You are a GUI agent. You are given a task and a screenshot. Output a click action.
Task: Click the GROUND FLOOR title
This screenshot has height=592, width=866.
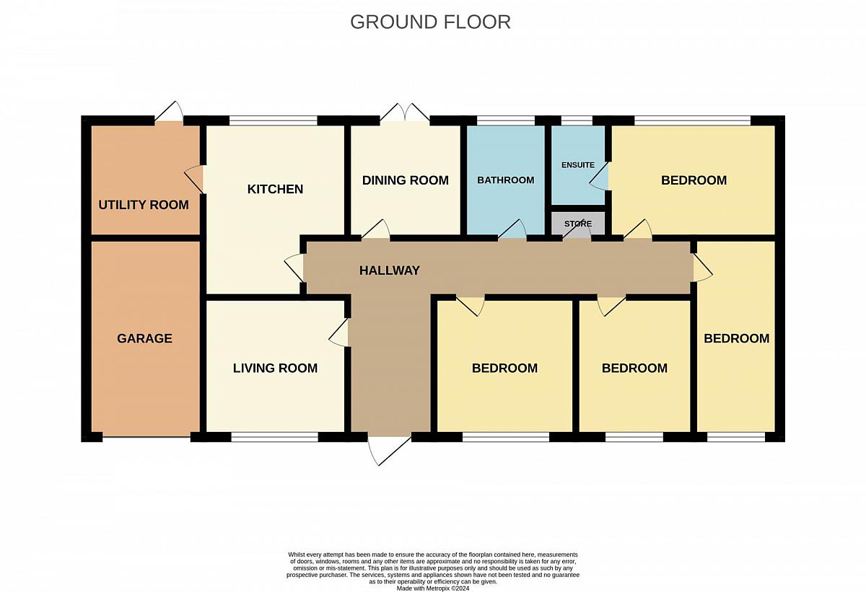tap(430, 22)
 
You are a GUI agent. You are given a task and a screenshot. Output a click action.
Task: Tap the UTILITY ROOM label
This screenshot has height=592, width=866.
tap(144, 205)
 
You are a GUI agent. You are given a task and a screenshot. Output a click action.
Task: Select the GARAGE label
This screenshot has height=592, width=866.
tap(144, 338)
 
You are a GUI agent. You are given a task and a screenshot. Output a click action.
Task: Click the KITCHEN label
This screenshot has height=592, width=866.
tap(275, 189)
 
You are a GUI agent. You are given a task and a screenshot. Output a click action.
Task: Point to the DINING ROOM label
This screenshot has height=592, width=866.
tap(405, 180)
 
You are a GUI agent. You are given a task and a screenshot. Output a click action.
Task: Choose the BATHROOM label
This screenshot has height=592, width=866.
tap(506, 180)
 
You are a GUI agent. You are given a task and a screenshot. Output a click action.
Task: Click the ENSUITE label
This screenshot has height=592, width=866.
tap(578, 165)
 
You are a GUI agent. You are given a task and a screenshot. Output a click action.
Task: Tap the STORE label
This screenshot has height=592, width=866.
tap(578, 224)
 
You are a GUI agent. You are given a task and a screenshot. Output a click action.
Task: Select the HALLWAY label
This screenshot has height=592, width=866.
tap(389, 270)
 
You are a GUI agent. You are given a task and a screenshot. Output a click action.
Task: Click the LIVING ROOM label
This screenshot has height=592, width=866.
tap(275, 368)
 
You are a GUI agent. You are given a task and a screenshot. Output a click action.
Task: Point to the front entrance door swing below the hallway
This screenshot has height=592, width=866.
tap(388, 451)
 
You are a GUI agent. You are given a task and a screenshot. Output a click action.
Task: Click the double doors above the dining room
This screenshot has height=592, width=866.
tap(405, 112)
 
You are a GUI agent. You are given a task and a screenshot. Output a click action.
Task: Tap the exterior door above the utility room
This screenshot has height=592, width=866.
tap(169, 112)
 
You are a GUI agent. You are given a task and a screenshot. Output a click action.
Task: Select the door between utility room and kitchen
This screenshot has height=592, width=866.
tap(194, 179)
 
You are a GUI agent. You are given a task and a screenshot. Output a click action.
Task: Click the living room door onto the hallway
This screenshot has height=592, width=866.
tap(338, 332)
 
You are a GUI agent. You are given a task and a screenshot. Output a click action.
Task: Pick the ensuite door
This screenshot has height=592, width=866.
tap(599, 176)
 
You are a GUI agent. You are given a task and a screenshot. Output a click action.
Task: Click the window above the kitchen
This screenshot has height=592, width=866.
tap(274, 120)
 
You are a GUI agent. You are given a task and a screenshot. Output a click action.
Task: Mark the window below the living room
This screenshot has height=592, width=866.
tap(274, 437)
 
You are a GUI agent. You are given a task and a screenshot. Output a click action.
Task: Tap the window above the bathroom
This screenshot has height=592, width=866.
tap(506, 120)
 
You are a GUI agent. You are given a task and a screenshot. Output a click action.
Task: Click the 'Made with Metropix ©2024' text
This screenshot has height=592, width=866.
tap(432, 588)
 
